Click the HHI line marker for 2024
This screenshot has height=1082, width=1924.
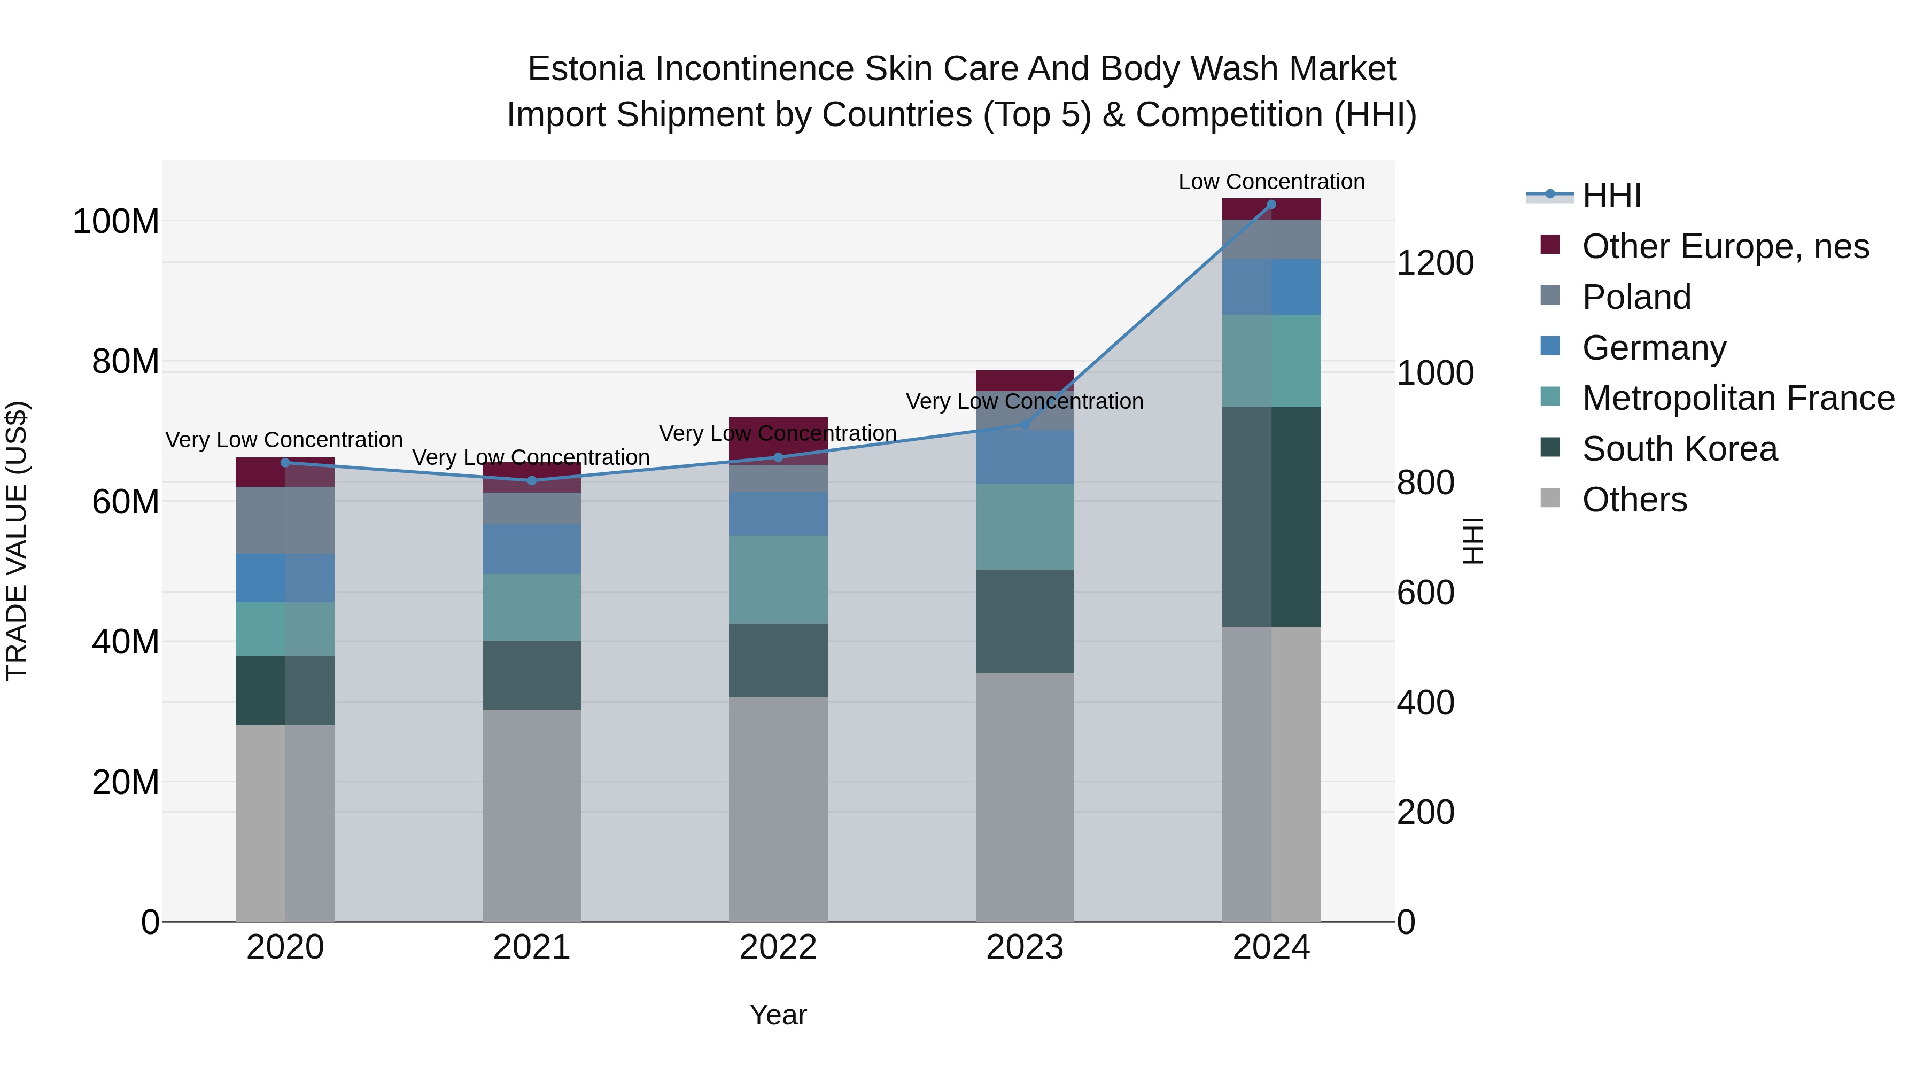[x=1271, y=205]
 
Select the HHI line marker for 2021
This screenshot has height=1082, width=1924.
[x=532, y=480]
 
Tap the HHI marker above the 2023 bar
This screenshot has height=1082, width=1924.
[x=1025, y=425]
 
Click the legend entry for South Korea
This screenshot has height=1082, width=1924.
[x=1679, y=449]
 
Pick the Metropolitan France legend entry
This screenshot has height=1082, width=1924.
[x=1737, y=398]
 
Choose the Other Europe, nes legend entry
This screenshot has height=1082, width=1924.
[x=1725, y=246]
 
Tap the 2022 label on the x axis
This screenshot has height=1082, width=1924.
[x=778, y=947]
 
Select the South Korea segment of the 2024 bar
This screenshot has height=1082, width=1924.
[x=1271, y=517]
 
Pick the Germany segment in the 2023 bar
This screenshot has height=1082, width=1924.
[x=1025, y=457]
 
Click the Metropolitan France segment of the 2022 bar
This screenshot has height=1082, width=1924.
[x=778, y=579]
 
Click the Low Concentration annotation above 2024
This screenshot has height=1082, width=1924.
[x=1271, y=182]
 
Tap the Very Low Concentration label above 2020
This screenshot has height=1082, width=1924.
[x=284, y=440]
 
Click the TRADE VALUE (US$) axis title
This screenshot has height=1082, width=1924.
[x=17, y=541]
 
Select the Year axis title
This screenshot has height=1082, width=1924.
[x=778, y=1015]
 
